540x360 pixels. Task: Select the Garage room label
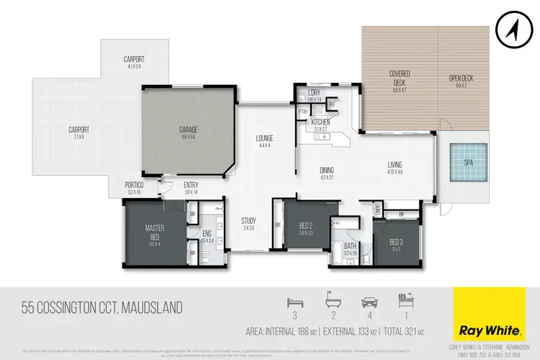tap(189, 130)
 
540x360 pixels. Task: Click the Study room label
tap(248, 222)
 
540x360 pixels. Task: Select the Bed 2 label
tap(307, 226)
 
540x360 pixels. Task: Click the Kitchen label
tap(321, 122)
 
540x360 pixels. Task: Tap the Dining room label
tap(327, 171)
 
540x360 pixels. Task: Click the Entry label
tap(191, 184)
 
